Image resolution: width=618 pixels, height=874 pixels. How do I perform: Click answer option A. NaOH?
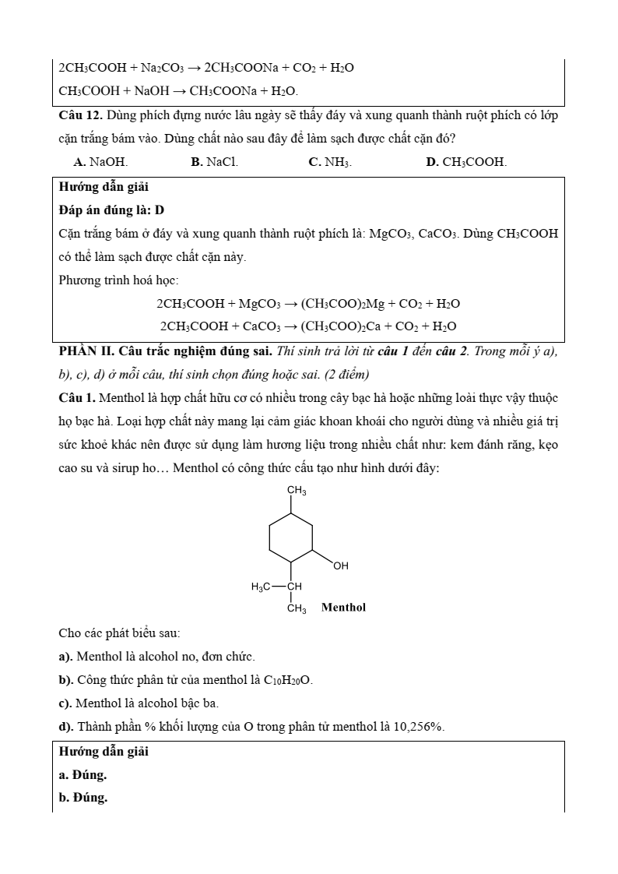100,162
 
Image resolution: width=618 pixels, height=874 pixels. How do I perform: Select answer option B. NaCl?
215,162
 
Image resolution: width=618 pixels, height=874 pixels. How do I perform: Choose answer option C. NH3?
330,162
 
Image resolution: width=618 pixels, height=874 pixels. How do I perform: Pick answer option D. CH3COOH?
466,162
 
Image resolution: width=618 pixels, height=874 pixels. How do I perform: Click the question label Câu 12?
80,115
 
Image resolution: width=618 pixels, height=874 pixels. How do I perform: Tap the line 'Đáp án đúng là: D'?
111,210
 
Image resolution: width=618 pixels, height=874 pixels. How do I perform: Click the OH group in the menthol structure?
341,566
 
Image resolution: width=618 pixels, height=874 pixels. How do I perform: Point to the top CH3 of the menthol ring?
297,491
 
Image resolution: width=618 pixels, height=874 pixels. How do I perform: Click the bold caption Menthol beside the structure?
343,607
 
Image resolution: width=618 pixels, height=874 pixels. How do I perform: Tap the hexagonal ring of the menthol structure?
291,537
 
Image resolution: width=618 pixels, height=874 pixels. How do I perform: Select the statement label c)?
65,703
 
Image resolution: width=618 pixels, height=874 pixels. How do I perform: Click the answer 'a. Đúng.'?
83,775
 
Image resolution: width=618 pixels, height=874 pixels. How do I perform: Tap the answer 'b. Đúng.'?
83,798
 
